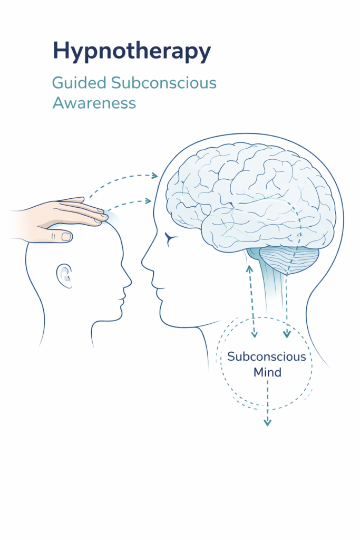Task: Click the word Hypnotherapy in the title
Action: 132,52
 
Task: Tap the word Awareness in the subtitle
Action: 94,102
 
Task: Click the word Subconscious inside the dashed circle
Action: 266,356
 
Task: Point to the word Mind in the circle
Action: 267,372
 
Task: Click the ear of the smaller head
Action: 64,275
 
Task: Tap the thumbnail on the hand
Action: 66,237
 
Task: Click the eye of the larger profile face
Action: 170,239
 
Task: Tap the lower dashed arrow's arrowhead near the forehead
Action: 149,200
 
